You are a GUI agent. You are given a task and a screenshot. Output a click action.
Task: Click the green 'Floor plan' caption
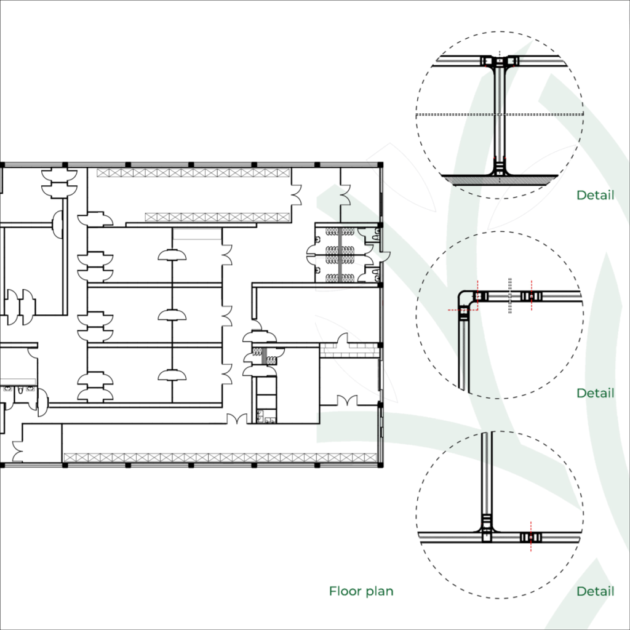(x=361, y=591)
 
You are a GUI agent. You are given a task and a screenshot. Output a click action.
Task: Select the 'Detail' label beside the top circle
(x=595, y=195)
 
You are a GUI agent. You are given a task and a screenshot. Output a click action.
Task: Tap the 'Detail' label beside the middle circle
(x=595, y=393)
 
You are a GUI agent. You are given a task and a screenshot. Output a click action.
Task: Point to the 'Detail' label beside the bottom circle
(x=595, y=591)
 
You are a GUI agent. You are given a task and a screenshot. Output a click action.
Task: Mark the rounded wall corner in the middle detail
(x=465, y=298)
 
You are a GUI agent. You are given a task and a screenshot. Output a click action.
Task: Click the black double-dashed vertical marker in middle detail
(x=510, y=295)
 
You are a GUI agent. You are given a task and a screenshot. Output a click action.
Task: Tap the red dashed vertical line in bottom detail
(x=531, y=536)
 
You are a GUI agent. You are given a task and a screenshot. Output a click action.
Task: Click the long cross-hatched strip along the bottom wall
(x=220, y=457)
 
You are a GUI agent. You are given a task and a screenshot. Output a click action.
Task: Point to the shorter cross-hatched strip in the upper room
(x=217, y=217)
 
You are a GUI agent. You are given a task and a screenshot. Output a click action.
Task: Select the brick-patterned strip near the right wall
(x=349, y=350)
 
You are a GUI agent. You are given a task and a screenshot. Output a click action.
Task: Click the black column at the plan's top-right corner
(x=380, y=165)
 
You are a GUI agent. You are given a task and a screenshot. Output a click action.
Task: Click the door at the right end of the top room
(x=296, y=195)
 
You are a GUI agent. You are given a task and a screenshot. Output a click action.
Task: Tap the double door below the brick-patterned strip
(x=347, y=401)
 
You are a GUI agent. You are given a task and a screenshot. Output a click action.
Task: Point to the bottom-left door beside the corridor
(x=18, y=451)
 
